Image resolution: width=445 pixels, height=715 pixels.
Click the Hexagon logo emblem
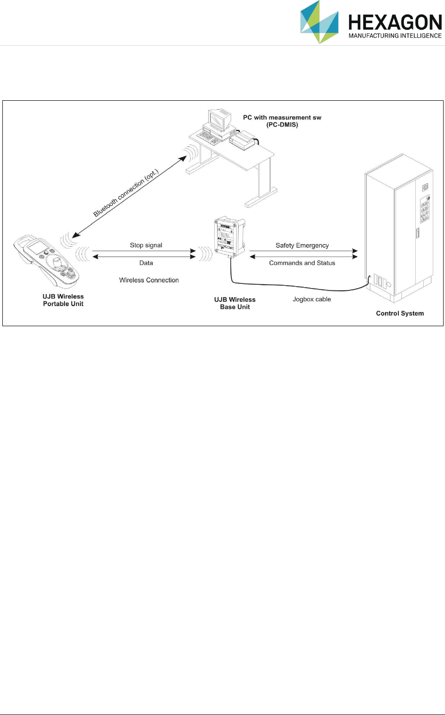pyautogui.click(x=319, y=22)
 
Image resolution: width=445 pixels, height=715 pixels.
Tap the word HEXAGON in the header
pyautogui.click(x=395, y=22)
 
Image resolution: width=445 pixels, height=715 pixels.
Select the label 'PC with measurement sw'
pyautogui.click(x=282, y=117)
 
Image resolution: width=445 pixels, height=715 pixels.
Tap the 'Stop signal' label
pyautogui.click(x=146, y=245)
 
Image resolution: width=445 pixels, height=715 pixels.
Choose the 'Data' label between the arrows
pyautogui.click(x=146, y=263)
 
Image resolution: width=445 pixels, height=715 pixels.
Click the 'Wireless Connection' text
pyautogui.click(x=149, y=280)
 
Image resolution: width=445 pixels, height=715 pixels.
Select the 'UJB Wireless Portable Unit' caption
pyautogui.click(x=63, y=300)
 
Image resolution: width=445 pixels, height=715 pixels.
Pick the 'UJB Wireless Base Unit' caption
pyautogui.click(x=235, y=303)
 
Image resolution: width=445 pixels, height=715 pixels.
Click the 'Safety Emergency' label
pyautogui.click(x=302, y=245)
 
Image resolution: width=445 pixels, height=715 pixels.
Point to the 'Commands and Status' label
pyautogui.click(x=302, y=263)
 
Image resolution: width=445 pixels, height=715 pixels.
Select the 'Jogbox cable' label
pyautogui.click(x=312, y=299)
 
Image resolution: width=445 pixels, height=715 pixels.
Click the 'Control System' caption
pyautogui.click(x=400, y=313)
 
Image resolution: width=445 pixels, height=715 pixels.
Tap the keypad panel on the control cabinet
pyautogui.click(x=424, y=209)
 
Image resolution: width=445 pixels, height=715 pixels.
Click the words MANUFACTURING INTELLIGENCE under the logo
pyautogui.click(x=395, y=36)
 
